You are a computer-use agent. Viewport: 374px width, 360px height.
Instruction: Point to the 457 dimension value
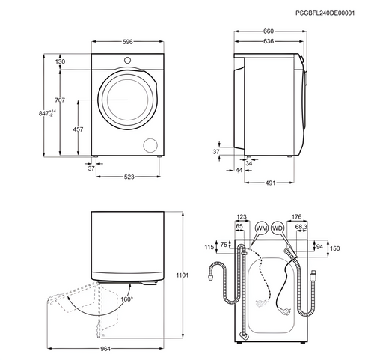click(x=77, y=129)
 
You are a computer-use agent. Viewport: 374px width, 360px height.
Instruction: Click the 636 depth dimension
click(x=267, y=43)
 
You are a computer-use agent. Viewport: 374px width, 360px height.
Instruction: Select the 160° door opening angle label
click(x=126, y=299)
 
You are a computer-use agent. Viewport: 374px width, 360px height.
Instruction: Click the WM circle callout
click(x=261, y=227)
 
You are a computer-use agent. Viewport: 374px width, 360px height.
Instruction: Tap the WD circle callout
click(x=278, y=227)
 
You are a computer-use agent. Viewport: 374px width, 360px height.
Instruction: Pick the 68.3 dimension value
click(x=301, y=228)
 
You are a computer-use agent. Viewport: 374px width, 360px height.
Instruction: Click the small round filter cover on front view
click(x=150, y=144)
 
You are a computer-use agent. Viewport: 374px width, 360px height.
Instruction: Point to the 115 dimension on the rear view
click(x=209, y=248)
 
